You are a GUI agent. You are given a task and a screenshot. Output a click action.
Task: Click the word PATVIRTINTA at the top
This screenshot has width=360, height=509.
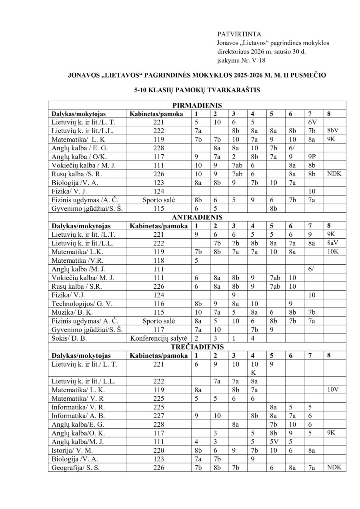[239, 34]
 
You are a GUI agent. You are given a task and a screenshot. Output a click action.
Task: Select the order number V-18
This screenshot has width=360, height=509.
[256, 60]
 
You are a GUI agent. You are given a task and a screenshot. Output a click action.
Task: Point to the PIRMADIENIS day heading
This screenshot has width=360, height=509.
[197, 106]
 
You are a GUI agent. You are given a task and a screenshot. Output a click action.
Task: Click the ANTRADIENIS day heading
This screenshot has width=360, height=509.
[197, 218]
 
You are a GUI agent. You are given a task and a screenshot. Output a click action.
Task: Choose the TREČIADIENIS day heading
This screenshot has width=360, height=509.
[197, 347]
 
